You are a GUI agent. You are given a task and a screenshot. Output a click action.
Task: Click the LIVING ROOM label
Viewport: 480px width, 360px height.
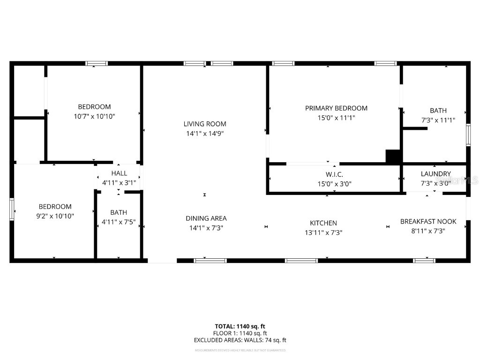click(x=204, y=124)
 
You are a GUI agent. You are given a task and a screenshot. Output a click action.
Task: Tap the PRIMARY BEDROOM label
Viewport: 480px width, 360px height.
click(x=336, y=108)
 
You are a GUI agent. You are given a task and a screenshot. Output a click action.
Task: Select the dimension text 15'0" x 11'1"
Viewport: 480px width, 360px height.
click(x=336, y=118)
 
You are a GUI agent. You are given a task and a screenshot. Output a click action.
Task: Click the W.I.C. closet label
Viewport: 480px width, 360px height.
click(x=335, y=174)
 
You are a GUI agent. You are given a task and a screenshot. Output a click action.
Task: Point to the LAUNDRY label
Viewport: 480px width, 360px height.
click(x=435, y=174)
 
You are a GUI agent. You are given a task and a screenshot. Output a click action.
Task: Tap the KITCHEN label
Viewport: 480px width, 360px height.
click(x=323, y=223)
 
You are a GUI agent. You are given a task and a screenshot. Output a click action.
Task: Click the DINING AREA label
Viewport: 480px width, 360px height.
click(x=206, y=218)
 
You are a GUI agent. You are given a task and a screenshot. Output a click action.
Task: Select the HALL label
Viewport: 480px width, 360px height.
click(x=119, y=173)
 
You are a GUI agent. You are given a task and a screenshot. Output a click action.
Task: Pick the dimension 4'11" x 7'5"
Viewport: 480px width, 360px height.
click(x=119, y=222)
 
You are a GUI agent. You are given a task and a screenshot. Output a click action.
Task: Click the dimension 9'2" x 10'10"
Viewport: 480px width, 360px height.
click(x=55, y=216)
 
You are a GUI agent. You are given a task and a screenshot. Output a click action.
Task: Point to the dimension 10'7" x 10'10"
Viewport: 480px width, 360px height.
click(x=94, y=116)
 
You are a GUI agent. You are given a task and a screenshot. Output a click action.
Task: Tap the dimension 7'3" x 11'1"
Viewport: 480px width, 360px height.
click(x=438, y=120)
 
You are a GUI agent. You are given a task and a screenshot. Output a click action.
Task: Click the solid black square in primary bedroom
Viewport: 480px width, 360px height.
click(x=392, y=156)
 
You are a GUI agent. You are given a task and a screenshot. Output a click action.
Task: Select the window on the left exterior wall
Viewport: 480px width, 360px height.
click(x=12, y=209)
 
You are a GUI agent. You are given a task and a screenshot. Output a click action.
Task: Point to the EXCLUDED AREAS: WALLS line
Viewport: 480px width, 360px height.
click(x=240, y=340)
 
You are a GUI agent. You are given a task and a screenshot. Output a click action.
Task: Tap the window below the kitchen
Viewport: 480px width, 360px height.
click(x=301, y=261)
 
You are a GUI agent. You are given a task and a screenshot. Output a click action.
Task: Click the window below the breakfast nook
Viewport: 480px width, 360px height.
click(x=424, y=261)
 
